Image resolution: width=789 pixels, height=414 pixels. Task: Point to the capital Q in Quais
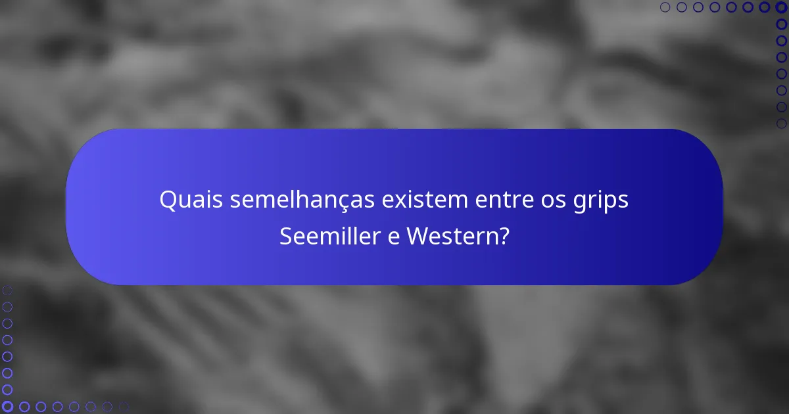[x=168, y=200]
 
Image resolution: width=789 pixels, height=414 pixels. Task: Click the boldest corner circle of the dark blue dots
[x=781, y=7]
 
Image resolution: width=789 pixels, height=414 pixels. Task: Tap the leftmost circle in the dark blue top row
[x=665, y=7]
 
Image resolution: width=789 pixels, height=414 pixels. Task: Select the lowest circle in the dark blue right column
[x=781, y=123]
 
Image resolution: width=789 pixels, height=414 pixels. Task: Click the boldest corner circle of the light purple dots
[x=7, y=406]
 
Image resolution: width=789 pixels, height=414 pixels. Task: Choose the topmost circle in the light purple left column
[x=7, y=290]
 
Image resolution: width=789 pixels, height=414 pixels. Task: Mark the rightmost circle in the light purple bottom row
[x=123, y=406]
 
